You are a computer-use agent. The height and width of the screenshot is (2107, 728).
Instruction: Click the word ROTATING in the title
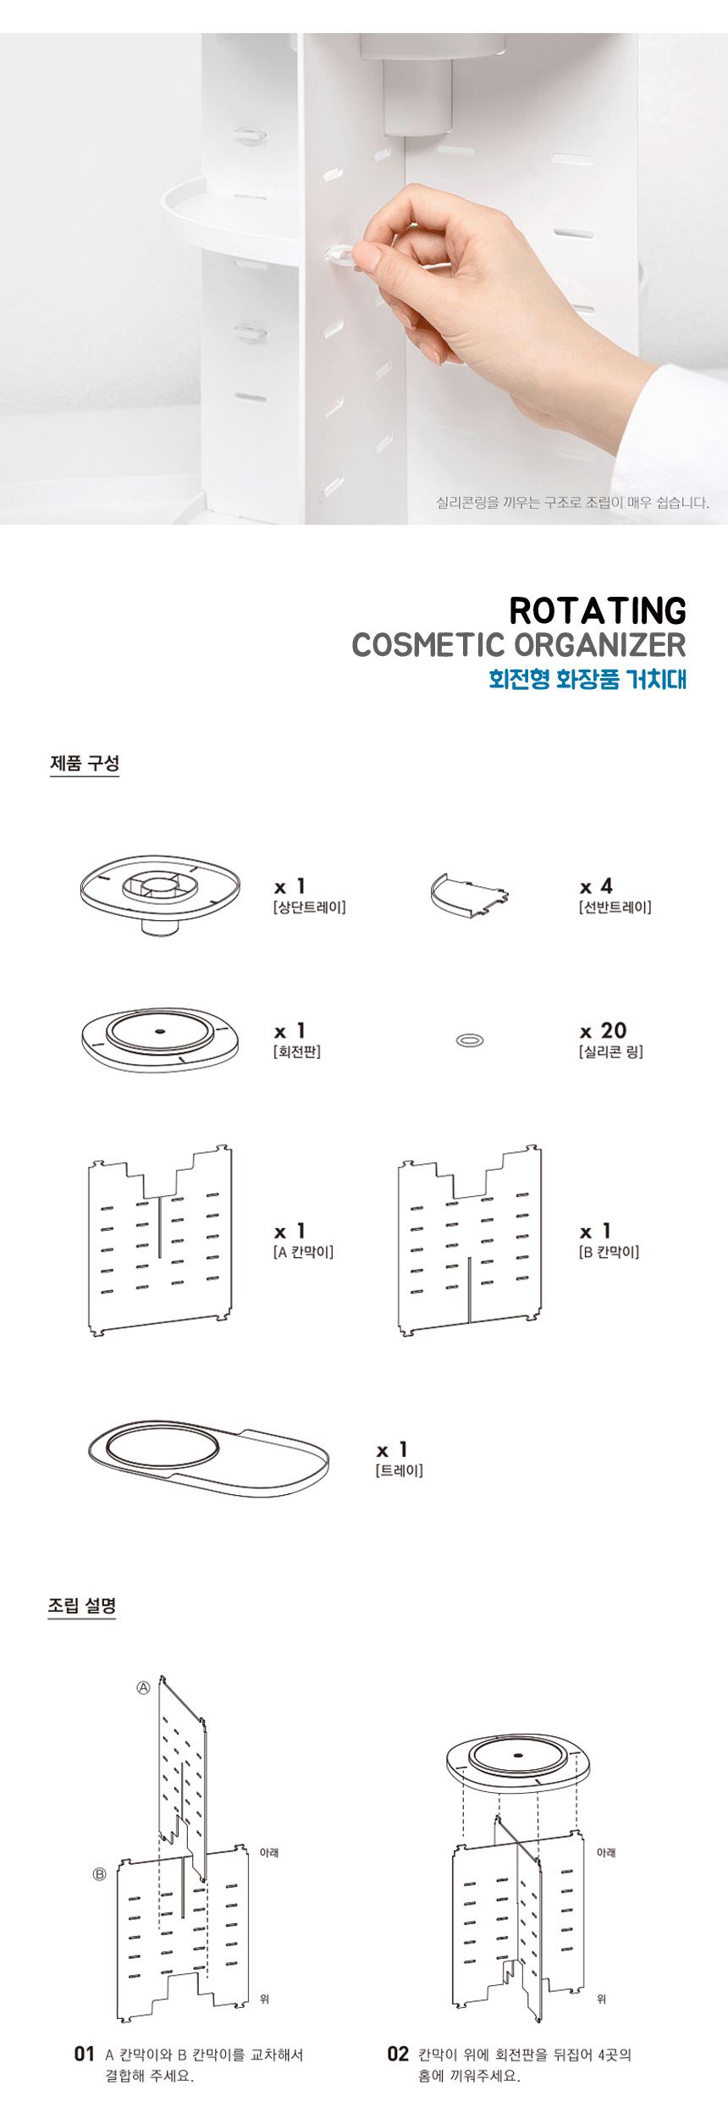[598, 610]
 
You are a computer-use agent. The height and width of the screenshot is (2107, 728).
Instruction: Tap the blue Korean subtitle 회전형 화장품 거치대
[587, 679]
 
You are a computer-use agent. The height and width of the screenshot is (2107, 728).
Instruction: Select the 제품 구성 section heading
[85, 762]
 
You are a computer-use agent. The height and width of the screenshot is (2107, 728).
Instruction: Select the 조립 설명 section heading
[82, 1605]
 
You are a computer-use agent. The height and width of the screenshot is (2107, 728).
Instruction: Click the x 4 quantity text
[596, 886]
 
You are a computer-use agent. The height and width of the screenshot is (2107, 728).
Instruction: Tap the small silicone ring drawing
[470, 1040]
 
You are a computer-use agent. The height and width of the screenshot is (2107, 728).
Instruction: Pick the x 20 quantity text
[603, 1030]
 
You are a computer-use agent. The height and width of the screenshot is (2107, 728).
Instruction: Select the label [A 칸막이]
[303, 1252]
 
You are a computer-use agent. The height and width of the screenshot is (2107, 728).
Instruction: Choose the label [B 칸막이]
[609, 1252]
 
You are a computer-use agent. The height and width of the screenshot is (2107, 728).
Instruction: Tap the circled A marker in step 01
[144, 1687]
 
